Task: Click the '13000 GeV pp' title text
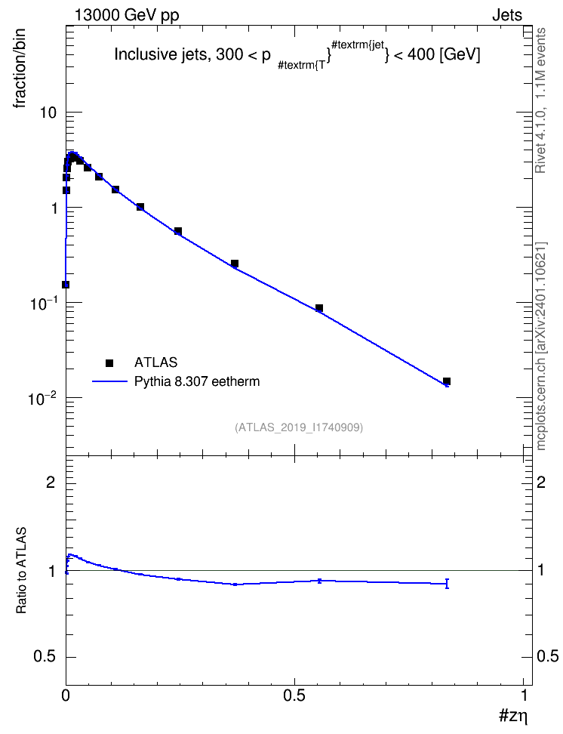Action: [x=127, y=15]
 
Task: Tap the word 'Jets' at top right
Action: [x=507, y=15]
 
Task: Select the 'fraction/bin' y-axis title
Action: [x=19, y=69]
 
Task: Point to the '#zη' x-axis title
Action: [x=513, y=715]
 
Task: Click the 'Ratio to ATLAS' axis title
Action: [x=21, y=570]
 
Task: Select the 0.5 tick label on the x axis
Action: [x=294, y=695]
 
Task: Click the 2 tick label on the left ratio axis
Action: [x=51, y=482]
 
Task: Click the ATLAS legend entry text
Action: [x=155, y=362]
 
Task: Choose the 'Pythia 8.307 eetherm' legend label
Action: [x=196, y=381]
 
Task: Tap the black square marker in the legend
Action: [x=109, y=362]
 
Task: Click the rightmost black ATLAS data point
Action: [x=447, y=381]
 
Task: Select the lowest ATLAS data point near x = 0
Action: [x=66, y=285]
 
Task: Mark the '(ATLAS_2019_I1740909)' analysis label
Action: [x=299, y=427]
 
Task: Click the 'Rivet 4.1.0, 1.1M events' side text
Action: [x=540, y=100]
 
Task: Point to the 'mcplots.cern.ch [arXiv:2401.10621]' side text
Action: [x=541, y=346]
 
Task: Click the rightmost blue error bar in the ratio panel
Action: [x=447, y=583]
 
